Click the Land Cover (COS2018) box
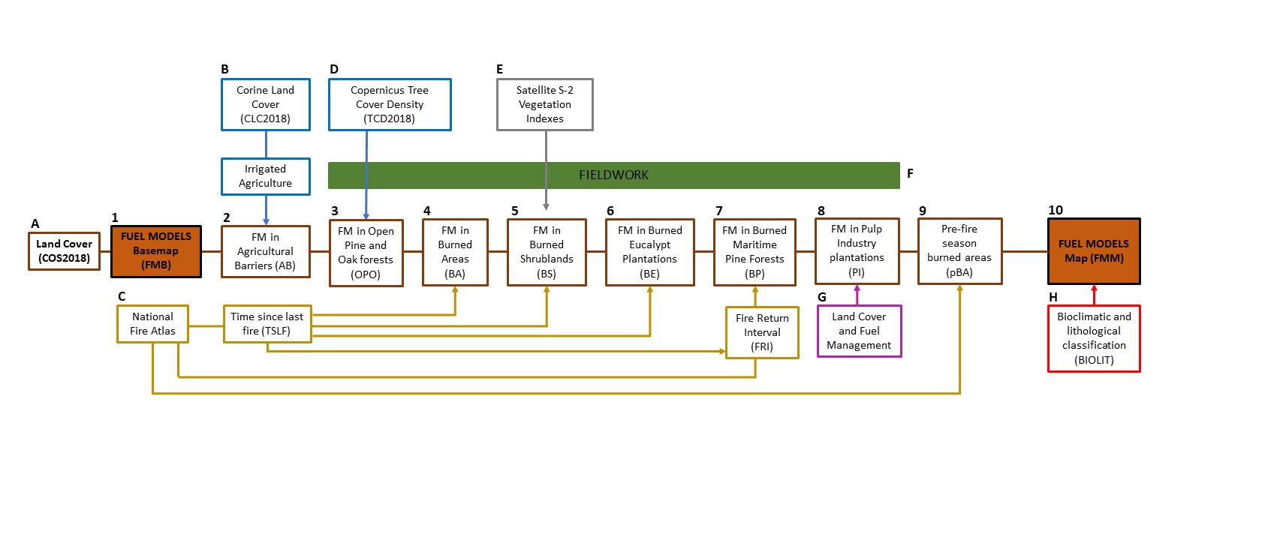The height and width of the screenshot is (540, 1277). [x=64, y=251]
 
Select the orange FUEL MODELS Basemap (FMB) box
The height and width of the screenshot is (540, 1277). [x=156, y=251]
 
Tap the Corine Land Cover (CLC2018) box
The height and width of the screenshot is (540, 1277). [x=266, y=104]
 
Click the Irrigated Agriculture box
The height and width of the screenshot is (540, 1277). [x=266, y=176]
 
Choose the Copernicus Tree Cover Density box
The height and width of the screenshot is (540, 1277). [x=390, y=104]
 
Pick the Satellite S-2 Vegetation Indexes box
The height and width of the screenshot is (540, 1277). [x=545, y=104]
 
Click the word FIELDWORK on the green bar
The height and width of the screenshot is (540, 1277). [x=613, y=175]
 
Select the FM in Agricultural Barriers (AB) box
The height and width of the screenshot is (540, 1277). [x=266, y=251]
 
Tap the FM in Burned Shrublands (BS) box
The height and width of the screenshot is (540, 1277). [x=547, y=252]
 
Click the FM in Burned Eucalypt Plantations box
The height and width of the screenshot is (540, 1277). [x=650, y=252]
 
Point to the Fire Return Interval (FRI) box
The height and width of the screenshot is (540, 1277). [x=762, y=332]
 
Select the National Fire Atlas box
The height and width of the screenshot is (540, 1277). [x=152, y=324]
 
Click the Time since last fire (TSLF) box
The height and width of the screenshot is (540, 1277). [x=267, y=324]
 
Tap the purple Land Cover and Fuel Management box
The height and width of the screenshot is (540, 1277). [x=859, y=331]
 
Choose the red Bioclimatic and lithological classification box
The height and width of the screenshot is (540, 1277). [x=1094, y=338]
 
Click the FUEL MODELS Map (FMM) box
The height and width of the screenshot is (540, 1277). [x=1094, y=251]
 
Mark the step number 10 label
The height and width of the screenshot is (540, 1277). [x=1056, y=210]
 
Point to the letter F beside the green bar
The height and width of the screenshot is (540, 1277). [x=910, y=173]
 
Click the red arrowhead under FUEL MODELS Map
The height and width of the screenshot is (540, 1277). [x=1094, y=289]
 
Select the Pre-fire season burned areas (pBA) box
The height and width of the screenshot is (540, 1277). [x=959, y=251]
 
